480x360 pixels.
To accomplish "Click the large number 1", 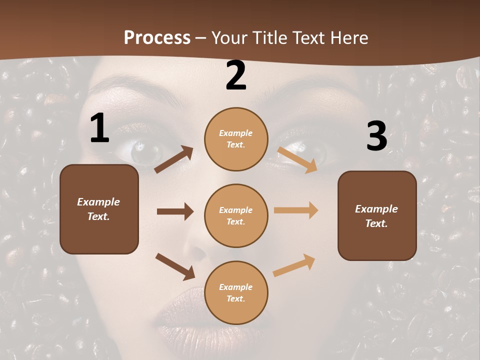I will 99,128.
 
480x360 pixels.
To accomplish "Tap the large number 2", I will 236,75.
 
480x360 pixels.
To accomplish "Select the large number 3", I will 376,136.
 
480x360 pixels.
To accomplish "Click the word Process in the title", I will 157,37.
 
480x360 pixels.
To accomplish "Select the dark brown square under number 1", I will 99,209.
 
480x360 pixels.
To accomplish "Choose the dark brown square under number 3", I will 377,216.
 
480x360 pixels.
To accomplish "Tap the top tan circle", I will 236,139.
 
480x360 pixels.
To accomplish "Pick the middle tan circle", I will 236,216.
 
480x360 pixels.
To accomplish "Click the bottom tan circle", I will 236,293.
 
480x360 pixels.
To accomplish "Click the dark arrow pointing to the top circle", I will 174,159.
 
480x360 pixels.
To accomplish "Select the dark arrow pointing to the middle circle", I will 175,211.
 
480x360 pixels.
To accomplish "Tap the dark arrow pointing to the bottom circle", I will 175,266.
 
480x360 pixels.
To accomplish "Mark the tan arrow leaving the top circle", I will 297,159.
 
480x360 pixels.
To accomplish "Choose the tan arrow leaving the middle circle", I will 296,210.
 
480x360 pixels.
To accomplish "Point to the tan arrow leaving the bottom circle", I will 294,265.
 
